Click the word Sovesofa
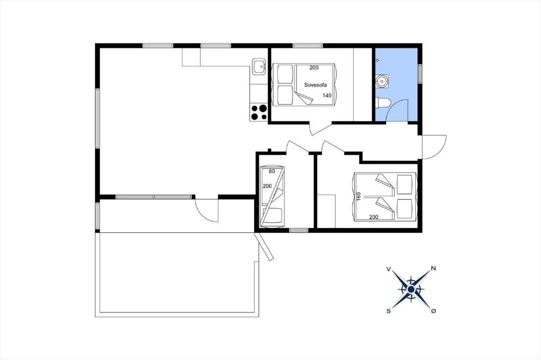coord(315,85)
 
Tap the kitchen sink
coord(258,67)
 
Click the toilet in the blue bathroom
coord(383,102)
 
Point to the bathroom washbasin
coord(382,81)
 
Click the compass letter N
coord(434,268)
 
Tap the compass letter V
coord(389,269)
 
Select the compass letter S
coord(389,311)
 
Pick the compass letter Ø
coord(434,311)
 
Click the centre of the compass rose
coord(411,290)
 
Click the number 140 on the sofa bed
coord(327,96)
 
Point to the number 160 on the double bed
coord(359,197)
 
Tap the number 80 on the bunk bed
coord(272,171)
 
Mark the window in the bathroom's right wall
coord(420,74)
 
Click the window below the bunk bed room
coord(299,230)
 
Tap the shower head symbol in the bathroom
coord(377,61)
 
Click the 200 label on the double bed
coord(374,217)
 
